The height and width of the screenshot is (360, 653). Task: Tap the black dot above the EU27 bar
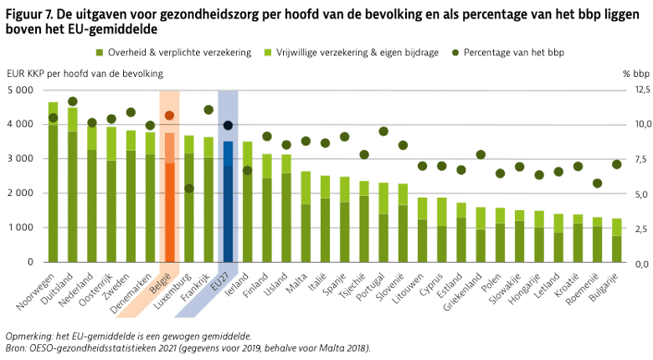[228, 126]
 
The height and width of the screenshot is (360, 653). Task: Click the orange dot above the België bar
[169, 116]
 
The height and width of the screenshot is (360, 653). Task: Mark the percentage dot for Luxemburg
[189, 188]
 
